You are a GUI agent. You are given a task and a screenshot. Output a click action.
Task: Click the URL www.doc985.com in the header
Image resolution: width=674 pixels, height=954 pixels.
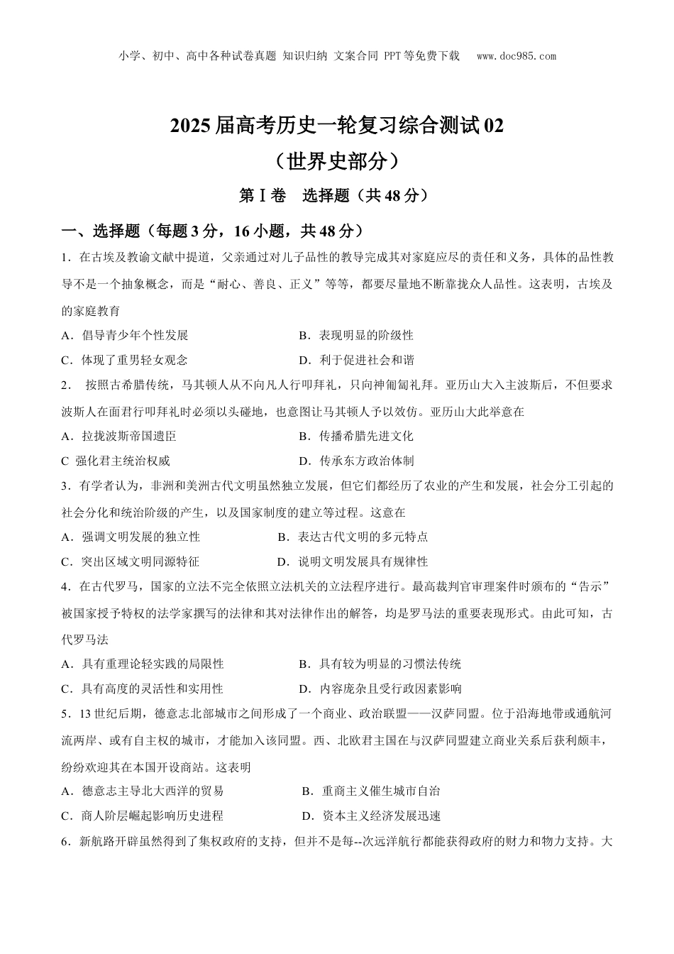pos(516,56)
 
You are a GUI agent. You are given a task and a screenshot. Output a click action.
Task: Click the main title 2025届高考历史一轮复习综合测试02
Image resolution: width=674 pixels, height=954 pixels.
pos(337,126)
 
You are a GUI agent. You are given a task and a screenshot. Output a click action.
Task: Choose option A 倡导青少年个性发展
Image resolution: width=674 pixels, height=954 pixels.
pos(125,335)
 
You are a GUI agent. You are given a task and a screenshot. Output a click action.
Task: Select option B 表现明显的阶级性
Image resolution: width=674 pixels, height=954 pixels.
pos(356,335)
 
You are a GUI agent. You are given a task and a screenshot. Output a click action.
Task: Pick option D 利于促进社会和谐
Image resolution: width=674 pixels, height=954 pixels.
pos(356,360)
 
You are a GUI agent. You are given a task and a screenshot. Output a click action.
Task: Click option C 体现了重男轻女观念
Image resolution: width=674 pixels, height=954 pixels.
pos(125,360)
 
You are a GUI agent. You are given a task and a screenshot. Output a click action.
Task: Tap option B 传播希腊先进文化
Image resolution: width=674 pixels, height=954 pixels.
pos(356,436)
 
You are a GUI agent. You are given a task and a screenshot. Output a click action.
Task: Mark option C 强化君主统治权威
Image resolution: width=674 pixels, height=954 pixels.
pos(116,461)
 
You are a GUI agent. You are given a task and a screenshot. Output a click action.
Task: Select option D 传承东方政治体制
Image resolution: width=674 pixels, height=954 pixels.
pos(356,461)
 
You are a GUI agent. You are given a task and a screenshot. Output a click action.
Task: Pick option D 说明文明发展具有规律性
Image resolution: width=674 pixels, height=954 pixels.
pos(353,561)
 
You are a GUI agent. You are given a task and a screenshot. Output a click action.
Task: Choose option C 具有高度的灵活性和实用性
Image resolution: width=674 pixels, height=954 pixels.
pos(143,688)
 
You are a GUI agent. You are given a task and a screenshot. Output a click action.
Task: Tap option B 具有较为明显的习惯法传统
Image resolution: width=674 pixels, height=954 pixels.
pos(380,664)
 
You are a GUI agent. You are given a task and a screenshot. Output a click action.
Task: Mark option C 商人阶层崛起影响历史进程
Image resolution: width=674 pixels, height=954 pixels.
pos(143,816)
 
